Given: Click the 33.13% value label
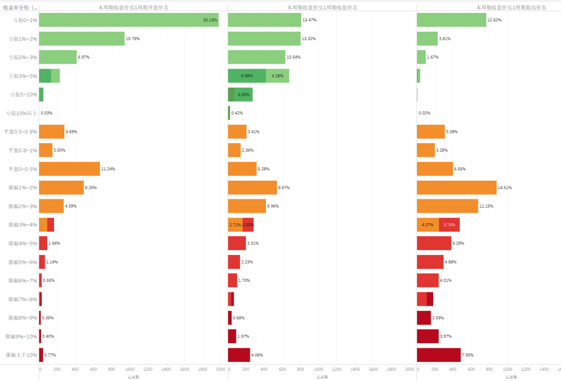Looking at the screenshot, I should [x=210, y=20].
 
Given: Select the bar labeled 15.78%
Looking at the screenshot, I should [x=82, y=38].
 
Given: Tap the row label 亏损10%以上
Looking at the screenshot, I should [x=21, y=113].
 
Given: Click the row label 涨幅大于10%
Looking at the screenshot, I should [x=21, y=355].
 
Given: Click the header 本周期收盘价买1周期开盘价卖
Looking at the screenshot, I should [x=133, y=8].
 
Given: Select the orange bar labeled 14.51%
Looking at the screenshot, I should [x=457, y=187].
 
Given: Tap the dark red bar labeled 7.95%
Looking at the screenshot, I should [x=438, y=355].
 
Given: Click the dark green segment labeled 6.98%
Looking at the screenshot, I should [x=247, y=76].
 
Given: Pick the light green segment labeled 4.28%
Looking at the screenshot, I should [x=277, y=76].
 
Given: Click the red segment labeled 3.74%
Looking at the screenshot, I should [x=449, y=225].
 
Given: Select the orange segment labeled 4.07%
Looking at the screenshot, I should [x=428, y=225].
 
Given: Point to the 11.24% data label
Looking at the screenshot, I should [x=108, y=169].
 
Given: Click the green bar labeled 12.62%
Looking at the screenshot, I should [x=451, y=20].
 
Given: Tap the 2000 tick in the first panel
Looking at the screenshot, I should [x=221, y=369].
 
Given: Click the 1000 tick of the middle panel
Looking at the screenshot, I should [x=319, y=369].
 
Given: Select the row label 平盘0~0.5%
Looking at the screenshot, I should [x=22, y=169].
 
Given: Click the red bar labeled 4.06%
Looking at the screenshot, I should [x=239, y=355].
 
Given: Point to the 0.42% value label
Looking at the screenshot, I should [x=237, y=113].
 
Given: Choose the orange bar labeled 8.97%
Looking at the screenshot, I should [x=252, y=187].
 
